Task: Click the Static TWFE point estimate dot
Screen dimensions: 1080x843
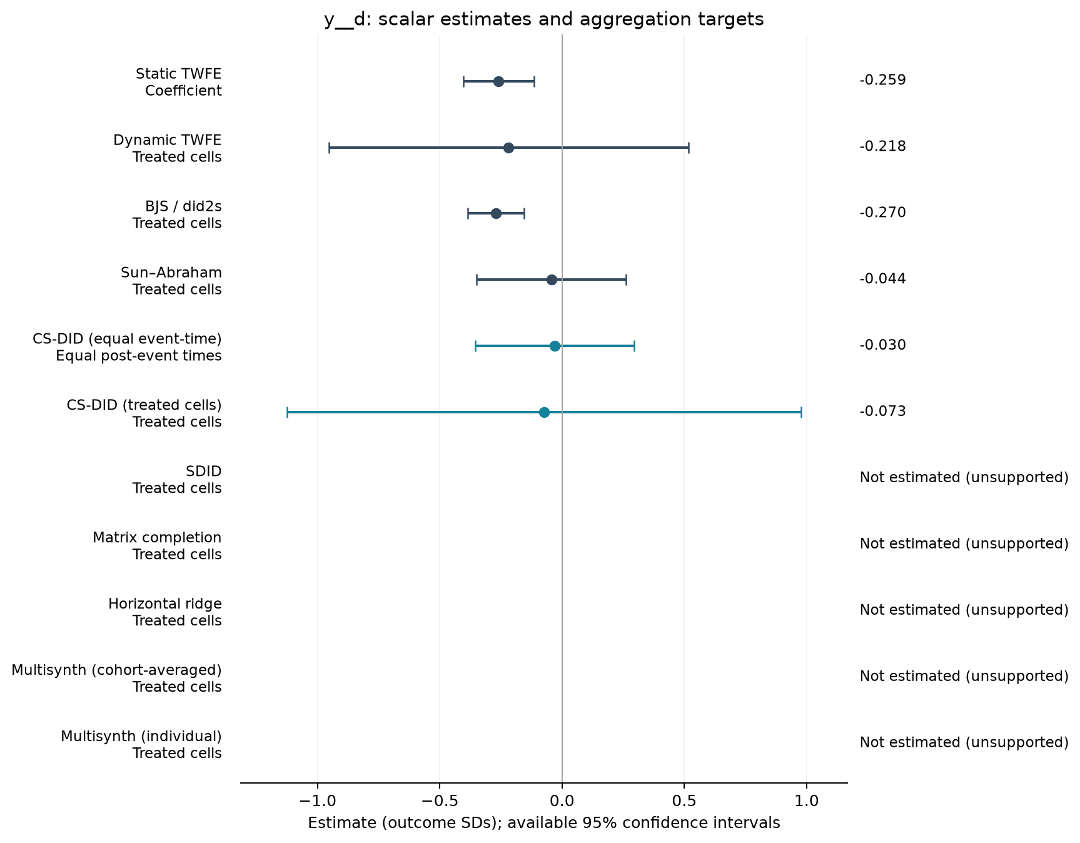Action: [x=498, y=81]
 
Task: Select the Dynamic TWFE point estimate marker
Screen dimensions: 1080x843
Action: [x=508, y=148]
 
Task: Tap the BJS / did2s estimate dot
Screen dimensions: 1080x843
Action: [x=496, y=213]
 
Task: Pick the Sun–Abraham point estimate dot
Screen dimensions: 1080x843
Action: [x=552, y=280]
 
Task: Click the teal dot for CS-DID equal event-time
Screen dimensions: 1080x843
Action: [x=555, y=346]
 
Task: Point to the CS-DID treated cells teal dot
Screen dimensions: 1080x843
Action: [x=544, y=412]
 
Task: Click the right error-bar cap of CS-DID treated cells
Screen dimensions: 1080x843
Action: [x=801, y=412]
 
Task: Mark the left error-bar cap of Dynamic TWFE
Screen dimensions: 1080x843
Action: [x=329, y=148]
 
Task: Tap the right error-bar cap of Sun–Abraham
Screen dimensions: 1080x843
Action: [x=626, y=280]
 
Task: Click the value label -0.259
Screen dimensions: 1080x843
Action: [x=882, y=80]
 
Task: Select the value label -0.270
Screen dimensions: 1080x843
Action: [x=882, y=213]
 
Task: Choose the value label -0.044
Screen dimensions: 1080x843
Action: [x=882, y=279]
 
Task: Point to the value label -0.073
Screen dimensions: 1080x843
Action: [x=882, y=411]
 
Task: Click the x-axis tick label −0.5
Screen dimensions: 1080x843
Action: [x=439, y=801]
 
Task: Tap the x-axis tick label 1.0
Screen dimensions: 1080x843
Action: [x=806, y=801]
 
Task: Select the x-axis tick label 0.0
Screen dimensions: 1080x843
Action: [x=562, y=801]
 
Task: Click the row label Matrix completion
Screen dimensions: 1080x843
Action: [x=157, y=538]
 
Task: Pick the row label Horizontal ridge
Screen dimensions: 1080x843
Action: [x=165, y=604]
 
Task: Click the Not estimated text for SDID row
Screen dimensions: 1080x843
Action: [x=964, y=478]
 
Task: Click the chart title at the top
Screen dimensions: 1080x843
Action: [x=543, y=19]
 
